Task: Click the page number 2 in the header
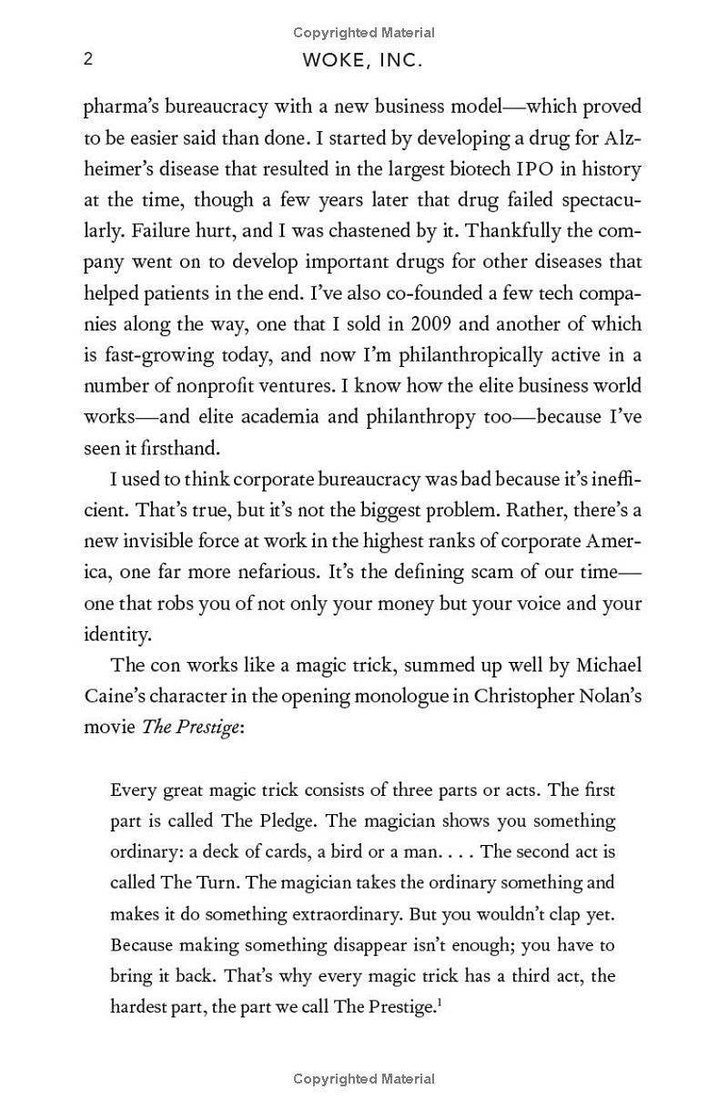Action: [x=88, y=59]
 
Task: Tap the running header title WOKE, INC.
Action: [x=363, y=61]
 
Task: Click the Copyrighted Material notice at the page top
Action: [x=364, y=33]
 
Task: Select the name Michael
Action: [x=607, y=665]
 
